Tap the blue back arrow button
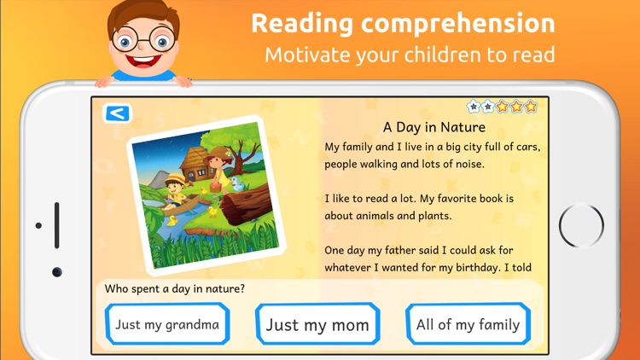tap(116, 113)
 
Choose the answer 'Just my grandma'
tap(167, 324)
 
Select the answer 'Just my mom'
tap(317, 324)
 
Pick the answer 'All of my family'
tap(468, 324)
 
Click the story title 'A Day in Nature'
tap(434, 128)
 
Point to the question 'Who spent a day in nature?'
tap(175, 288)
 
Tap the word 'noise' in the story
tap(467, 164)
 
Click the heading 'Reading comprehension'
tap(403, 23)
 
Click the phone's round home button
tap(582, 226)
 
